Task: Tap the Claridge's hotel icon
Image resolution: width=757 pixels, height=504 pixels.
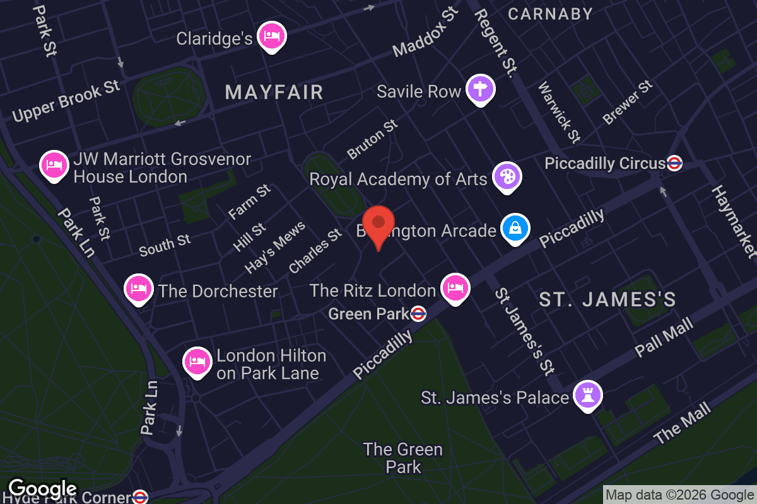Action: click(272, 36)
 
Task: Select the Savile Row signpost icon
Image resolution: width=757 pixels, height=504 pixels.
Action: click(480, 89)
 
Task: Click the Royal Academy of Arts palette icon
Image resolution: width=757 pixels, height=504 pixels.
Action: click(507, 176)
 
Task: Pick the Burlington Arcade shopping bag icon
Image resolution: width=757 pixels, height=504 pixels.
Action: click(515, 229)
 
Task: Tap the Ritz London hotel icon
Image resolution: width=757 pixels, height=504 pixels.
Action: click(455, 288)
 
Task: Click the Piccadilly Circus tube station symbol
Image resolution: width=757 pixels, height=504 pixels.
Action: click(674, 163)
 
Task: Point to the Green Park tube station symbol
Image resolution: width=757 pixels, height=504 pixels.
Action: click(418, 313)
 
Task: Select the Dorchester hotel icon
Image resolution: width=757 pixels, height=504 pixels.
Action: click(139, 289)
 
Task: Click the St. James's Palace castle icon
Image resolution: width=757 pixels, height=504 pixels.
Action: click(588, 396)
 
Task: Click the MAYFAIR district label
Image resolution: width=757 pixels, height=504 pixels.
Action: click(274, 93)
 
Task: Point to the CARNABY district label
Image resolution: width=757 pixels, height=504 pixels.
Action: click(550, 14)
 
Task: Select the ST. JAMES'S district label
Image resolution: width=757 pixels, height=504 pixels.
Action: click(607, 299)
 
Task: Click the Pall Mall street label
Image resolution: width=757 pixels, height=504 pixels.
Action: click(664, 337)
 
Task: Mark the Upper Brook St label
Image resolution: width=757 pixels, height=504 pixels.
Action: click(66, 101)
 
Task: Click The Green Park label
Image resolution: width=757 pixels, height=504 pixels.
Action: click(403, 458)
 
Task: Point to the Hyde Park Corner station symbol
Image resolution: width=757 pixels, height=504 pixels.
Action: click(140, 497)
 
